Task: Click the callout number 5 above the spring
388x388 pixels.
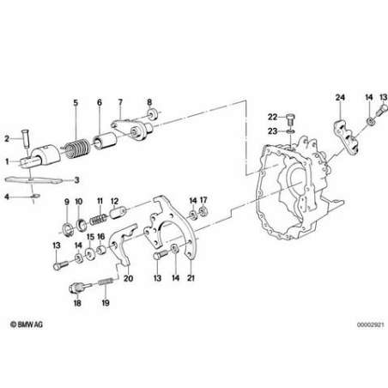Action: pos(76,103)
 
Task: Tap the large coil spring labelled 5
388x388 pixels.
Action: pos(76,148)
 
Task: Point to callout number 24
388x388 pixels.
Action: pos(340,97)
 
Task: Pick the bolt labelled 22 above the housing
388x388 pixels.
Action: pos(290,119)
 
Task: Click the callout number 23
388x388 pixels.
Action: pos(272,131)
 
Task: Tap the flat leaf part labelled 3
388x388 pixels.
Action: pos(33,180)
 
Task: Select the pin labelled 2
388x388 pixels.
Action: pos(27,139)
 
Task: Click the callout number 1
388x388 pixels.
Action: pos(7,161)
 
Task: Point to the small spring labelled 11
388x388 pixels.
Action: pos(99,220)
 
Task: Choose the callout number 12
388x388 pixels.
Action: pos(114,202)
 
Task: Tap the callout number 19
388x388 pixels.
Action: pos(106,303)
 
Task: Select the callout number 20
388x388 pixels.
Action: pos(128,278)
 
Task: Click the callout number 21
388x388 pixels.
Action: pos(191,278)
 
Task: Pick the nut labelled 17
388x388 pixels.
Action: pos(203,212)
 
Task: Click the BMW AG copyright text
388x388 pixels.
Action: pos(27,324)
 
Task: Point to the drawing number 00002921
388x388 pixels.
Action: pos(371,325)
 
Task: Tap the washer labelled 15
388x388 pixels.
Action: pos(90,254)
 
